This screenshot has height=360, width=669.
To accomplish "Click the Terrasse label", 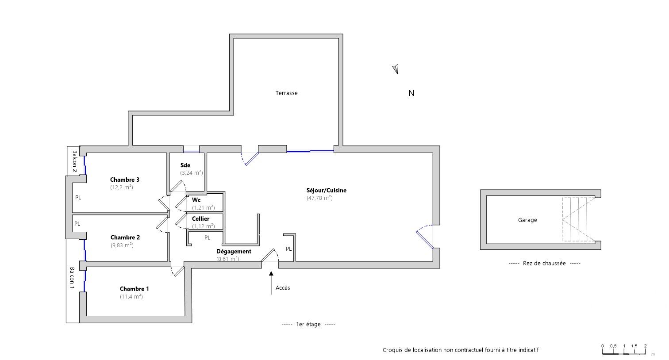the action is (286, 93).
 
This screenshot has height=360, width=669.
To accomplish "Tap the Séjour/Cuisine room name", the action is (327, 191).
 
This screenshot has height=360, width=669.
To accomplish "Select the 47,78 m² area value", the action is (319, 198).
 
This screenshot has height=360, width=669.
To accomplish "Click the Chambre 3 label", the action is (124, 180).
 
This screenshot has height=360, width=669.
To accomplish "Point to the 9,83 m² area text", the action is (122, 245).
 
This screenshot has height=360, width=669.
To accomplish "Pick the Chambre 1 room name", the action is (134, 289).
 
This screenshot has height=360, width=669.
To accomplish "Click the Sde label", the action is (185, 165).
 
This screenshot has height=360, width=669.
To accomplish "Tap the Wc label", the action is (196, 200).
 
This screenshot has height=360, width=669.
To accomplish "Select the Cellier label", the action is (201, 219).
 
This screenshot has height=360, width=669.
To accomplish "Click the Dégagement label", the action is (234, 251).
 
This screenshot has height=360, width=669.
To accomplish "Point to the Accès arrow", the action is (271, 283).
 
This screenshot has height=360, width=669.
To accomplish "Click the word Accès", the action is (283, 288).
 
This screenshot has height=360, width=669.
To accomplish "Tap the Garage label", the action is (527, 220).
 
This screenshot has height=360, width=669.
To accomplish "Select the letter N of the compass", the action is (411, 93).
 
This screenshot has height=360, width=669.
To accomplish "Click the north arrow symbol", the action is (396, 69).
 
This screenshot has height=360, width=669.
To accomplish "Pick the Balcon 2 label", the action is (74, 161).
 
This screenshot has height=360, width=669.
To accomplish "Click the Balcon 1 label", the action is (72, 278).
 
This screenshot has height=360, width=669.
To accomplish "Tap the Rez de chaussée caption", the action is (544, 263).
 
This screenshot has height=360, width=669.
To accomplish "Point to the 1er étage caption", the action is (308, 324).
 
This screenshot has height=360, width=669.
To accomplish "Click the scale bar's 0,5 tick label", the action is (613, 346).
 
